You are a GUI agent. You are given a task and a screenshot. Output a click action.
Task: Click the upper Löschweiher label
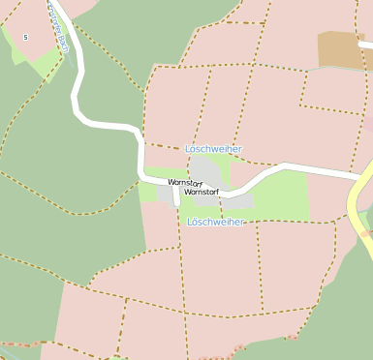coord(213,149)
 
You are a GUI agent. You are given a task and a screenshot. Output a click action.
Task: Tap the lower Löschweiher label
coord(215,222)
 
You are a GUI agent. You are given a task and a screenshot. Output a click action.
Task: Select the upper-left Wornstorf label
coord(184,182)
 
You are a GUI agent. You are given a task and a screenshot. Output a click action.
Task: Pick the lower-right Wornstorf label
coord(202,192)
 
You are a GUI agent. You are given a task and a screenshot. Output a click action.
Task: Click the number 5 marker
coord(25,37)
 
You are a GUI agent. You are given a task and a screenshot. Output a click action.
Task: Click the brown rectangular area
coord(342,49)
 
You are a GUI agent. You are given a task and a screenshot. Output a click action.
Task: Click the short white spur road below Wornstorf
coord(175,196)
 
